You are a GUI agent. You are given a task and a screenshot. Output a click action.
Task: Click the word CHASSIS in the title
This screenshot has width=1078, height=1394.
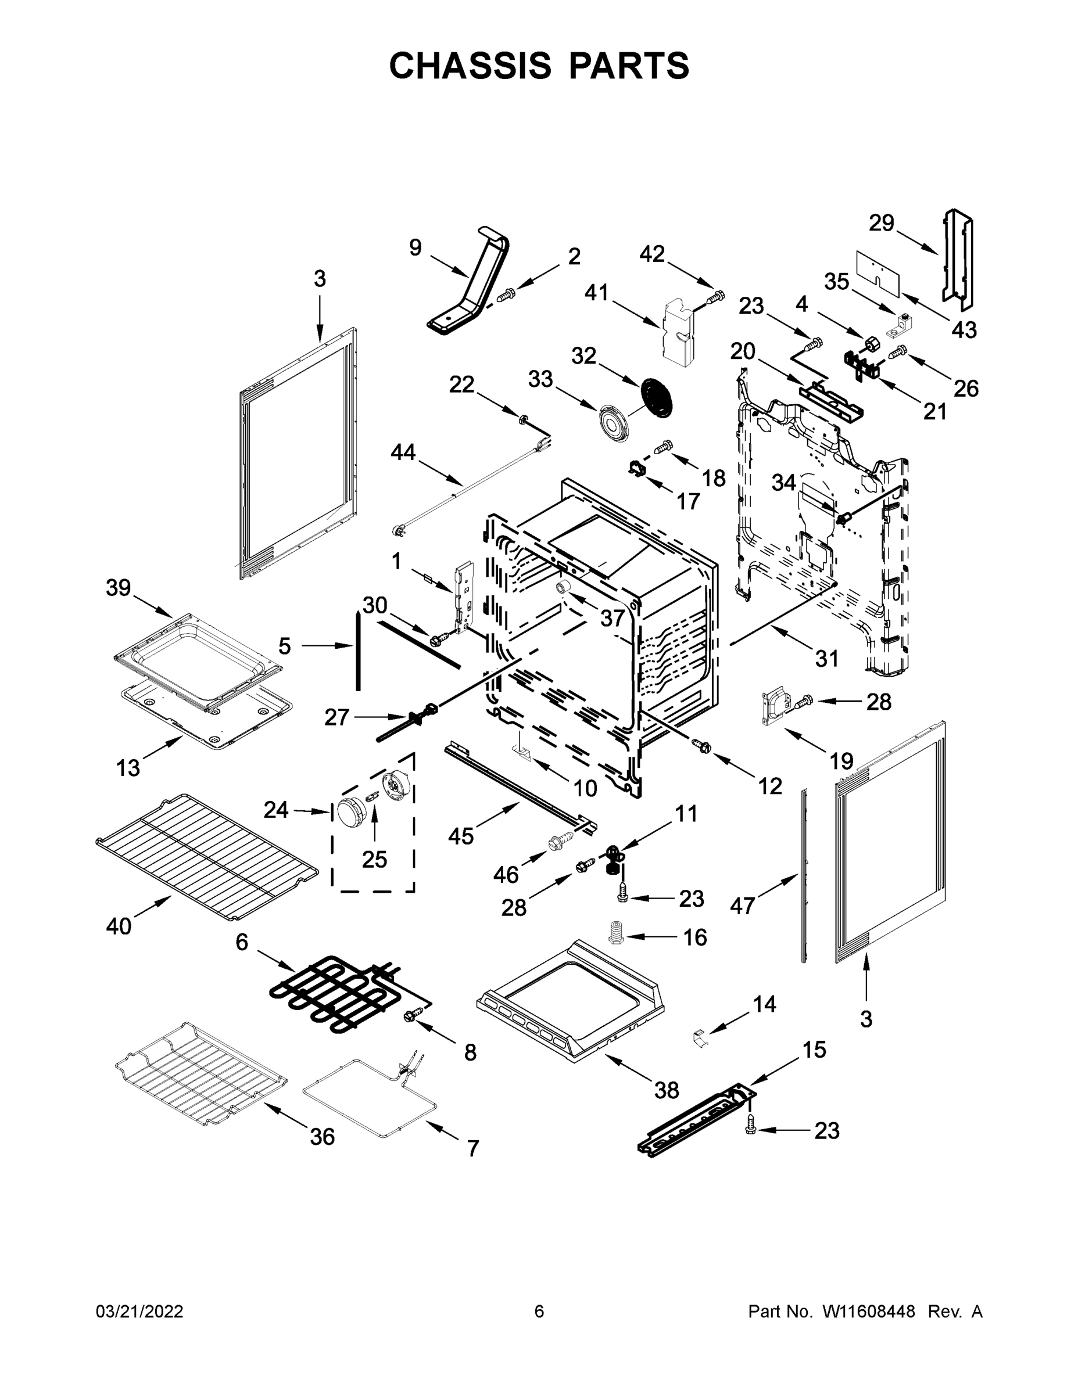pos(470,65)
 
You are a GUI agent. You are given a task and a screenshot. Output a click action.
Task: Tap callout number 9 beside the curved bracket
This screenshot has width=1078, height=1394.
pos(415,247)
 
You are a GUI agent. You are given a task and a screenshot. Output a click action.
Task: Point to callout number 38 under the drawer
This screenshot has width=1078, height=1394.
pos(666,1090)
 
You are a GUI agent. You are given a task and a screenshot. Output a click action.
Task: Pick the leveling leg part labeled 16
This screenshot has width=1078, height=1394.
pos(615,936)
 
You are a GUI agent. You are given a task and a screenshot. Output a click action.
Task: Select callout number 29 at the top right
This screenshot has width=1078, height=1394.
pos(882,224)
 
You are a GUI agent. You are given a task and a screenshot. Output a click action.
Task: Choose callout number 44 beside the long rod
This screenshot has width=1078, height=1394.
pos(403,452)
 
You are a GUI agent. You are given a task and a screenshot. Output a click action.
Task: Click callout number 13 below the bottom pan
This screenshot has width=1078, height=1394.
pos(128,768)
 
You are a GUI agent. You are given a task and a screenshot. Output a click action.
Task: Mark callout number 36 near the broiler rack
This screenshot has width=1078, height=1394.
pos(322,1137)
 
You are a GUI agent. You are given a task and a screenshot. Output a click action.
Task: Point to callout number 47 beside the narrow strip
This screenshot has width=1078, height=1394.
pos(742,905)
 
